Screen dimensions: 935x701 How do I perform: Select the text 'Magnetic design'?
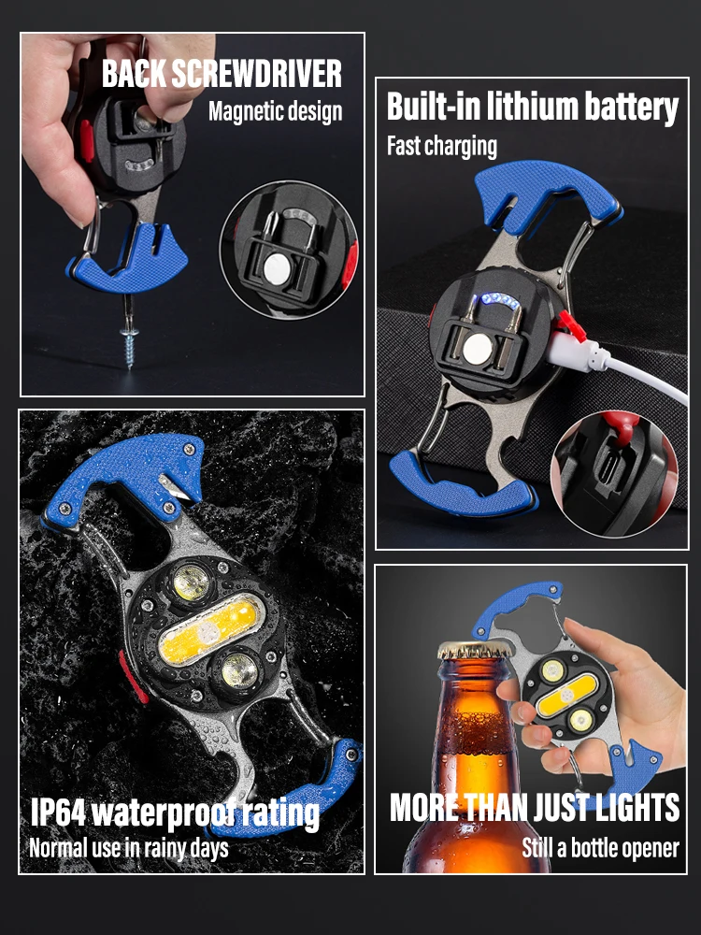275,111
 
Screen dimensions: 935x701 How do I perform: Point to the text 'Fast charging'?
442,146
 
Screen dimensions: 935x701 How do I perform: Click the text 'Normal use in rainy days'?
128,848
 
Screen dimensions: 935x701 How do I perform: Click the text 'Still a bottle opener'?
600,848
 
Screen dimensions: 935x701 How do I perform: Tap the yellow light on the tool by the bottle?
565,696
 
